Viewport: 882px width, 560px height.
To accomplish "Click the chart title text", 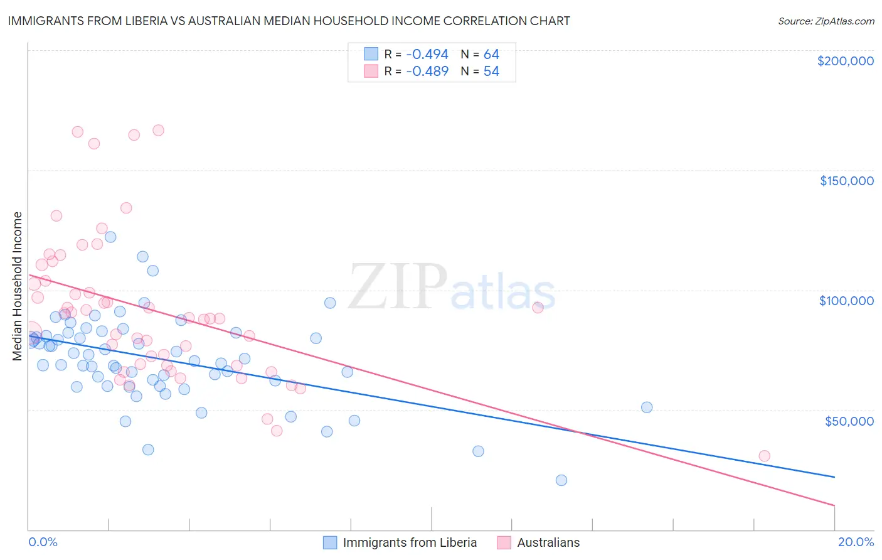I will click(289, 21).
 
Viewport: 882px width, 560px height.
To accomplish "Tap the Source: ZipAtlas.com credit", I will click(826, 21).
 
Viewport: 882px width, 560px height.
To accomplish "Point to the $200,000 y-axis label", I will click(845, 61).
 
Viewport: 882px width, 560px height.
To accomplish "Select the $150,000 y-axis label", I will click(846, 181).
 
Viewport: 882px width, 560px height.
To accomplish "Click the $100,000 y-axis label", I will click(846, 301).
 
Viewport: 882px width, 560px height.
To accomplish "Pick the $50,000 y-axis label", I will click(849, 421).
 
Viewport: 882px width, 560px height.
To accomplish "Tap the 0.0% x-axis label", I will click(43, 542).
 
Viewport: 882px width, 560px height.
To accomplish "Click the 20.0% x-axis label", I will click(856, 542).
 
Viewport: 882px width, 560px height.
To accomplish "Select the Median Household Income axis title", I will click(17, 286).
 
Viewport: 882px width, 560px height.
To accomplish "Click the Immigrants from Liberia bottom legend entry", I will click(410, 542).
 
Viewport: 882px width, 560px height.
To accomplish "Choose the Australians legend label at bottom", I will click(548, 542).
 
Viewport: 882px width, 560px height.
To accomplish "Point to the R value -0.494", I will click(427, 54).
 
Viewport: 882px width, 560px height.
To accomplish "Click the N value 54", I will click(491, 71).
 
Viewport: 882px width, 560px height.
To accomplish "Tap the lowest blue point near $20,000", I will click(561, 480).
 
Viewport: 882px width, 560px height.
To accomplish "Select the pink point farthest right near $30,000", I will click(764, 456).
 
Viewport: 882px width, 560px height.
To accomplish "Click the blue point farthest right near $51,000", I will click(647, 407).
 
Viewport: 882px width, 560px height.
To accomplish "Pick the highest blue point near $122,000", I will click(110, 237).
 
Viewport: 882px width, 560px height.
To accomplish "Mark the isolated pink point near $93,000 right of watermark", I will click(538, 308).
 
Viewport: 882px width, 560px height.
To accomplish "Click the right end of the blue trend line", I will click(834, 477).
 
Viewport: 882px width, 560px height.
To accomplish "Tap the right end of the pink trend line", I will click(834, 505).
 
